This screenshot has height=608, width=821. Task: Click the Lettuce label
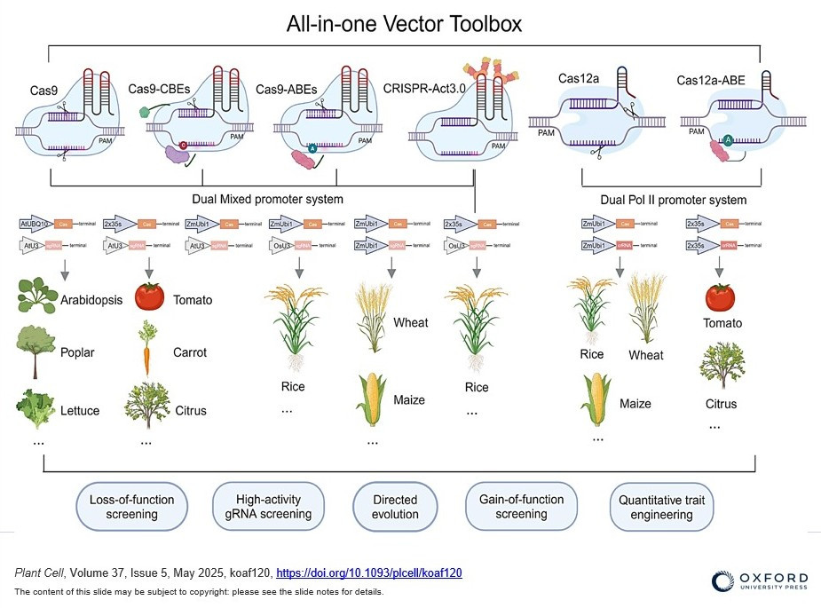(x=80, y=410)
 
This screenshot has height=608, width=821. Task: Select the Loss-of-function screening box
(x=131, y=507)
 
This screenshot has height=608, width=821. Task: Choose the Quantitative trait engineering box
(x=661, y=507)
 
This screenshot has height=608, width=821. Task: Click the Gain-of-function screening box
(x=521, y=507)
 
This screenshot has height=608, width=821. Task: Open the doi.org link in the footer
(x=369, y=573)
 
